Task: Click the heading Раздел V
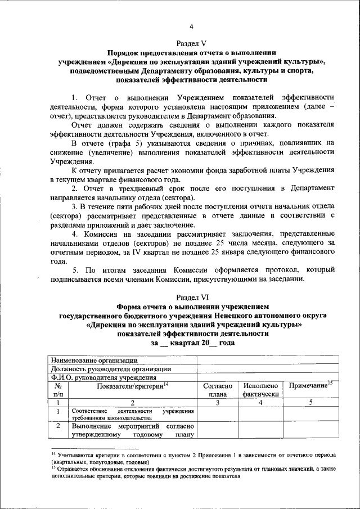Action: [x=191, y=42]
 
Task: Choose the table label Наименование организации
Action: [x=94, y=360]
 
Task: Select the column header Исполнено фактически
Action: [x=260, y=390]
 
